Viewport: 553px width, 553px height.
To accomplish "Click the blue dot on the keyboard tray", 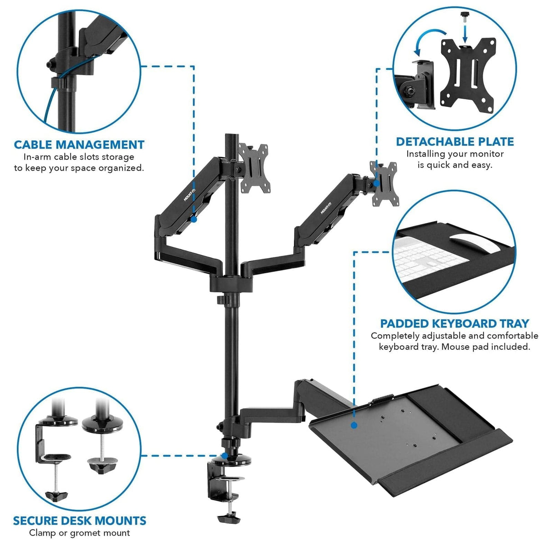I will coord(353,425).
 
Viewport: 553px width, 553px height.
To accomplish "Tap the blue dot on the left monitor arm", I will coord(194,219).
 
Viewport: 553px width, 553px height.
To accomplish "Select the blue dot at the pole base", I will coord(224,455).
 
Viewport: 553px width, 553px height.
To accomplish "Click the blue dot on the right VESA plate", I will coord(376,183).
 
